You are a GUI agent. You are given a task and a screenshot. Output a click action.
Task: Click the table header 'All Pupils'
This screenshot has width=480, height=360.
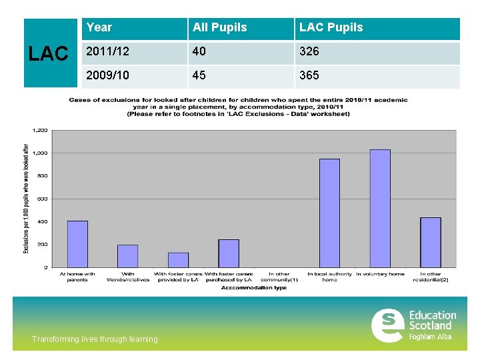click(219, 27)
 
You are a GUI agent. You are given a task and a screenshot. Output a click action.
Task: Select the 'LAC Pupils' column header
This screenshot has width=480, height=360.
click(331, 27)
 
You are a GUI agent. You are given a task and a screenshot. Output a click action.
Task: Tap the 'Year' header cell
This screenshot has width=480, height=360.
click(99, 27)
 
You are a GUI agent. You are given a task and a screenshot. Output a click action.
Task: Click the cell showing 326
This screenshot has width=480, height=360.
click(309, 51)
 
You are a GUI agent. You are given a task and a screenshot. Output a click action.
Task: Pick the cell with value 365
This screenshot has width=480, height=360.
click(309, 75)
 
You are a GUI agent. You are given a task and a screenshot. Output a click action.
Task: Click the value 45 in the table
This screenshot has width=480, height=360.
click(199, 75)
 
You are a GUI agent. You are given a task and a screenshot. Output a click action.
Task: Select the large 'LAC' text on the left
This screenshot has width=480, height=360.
click(49, 55)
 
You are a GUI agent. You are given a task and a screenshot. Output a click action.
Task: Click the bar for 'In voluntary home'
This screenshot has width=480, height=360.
click(380, 209)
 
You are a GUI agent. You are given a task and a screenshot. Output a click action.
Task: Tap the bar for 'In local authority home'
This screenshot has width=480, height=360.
click(329, 213)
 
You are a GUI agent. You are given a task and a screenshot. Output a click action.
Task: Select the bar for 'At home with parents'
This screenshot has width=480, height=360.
click(77, 244)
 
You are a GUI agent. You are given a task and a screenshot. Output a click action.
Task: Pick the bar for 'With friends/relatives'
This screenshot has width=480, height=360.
click(127, 256)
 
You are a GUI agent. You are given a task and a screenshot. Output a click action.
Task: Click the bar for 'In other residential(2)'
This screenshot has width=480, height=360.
click(430, 243)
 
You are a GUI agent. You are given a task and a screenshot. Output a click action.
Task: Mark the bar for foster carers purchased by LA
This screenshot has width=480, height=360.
click(229, 253)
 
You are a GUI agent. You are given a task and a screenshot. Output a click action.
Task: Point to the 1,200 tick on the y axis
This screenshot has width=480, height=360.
click(41, 130)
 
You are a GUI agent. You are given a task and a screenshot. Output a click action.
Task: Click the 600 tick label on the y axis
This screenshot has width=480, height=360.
click(43, 199)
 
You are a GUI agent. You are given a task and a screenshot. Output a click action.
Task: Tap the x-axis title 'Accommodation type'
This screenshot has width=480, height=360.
click(253, 288)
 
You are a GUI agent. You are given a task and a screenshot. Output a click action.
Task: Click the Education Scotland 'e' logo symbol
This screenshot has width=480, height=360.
click(387, 325)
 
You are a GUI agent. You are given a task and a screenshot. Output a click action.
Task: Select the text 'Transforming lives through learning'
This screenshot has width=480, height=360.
click(95, 339)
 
